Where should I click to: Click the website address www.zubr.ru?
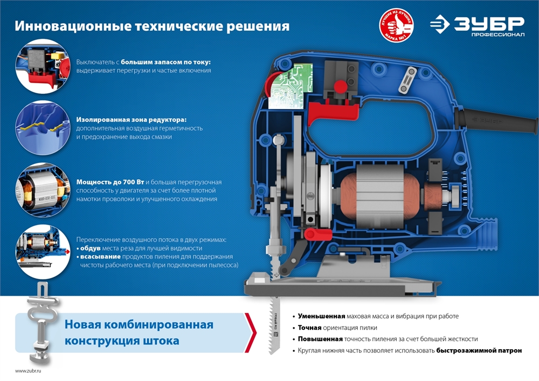[x=28, y=371]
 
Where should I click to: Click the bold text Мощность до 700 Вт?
[x=110, y=182]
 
